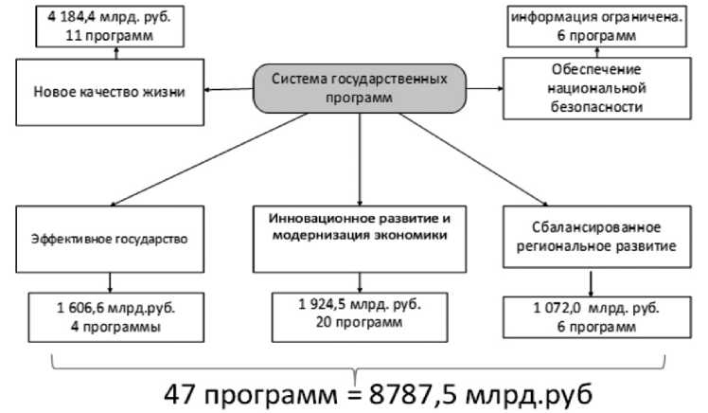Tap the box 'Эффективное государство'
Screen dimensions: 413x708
coord(112,240)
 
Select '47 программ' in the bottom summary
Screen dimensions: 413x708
coord(237,391)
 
